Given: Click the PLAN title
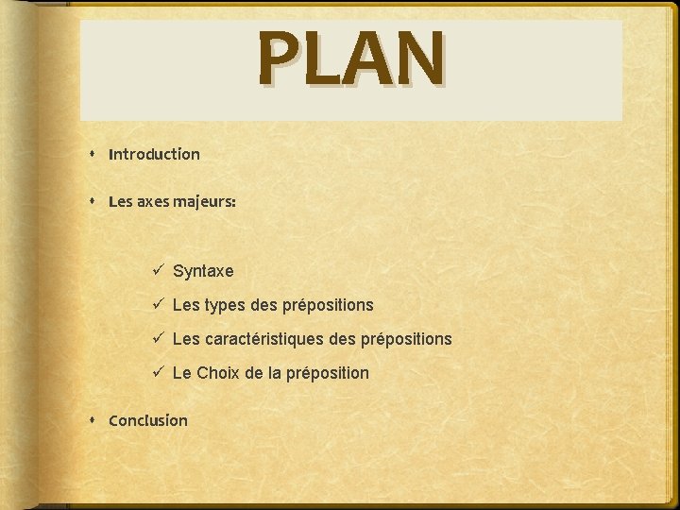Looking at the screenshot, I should pos(350,58).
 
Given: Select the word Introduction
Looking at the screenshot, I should pos(154,154).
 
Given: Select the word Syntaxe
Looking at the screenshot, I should pos(203,271).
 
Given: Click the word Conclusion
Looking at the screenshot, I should pos(148,420).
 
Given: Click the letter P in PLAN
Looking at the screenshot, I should pos(280,58).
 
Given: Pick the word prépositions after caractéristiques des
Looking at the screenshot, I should pos(408,339).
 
